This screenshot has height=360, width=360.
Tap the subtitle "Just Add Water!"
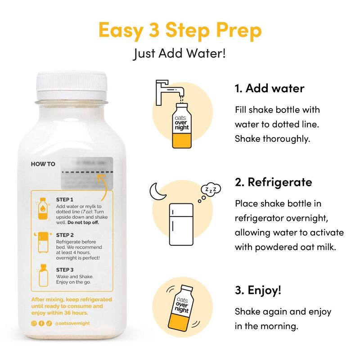coord(180,53)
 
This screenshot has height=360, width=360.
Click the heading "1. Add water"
coord(270,88)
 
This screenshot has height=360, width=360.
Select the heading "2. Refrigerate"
coord(273,182)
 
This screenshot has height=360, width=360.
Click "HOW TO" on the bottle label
coord(43,164)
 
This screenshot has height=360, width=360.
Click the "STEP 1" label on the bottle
coord(65,199)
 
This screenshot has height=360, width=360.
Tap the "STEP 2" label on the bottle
coord(65,235)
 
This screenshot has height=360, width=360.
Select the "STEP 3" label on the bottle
coord(65,270)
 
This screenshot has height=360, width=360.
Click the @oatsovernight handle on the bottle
coord(73,323)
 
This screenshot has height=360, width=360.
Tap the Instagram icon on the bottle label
coord(34,323)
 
